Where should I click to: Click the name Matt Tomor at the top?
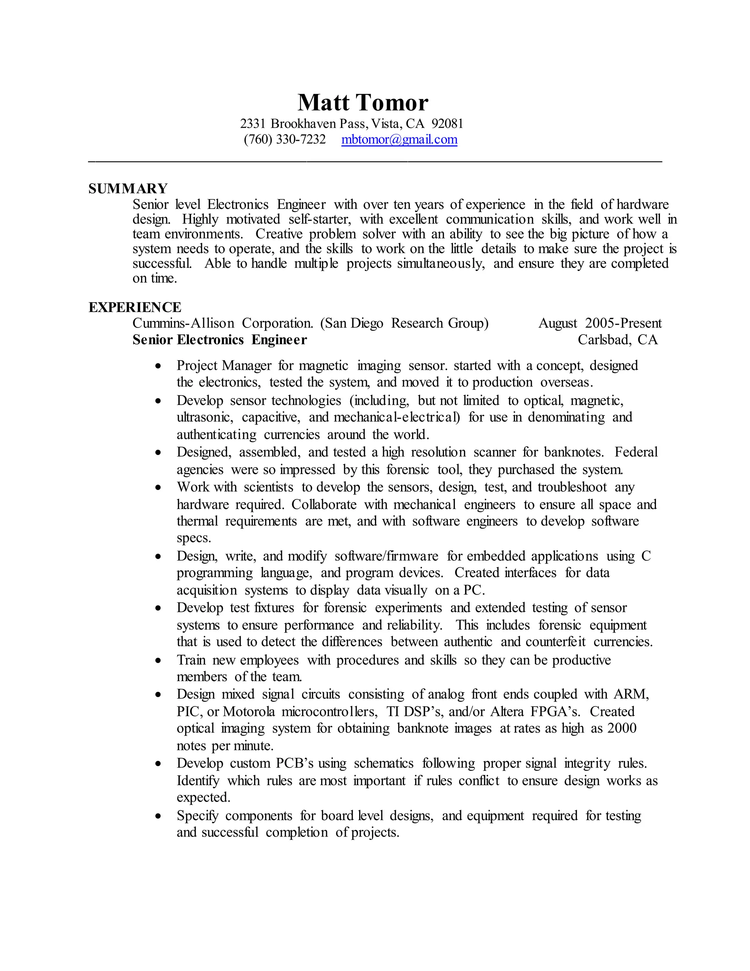363,103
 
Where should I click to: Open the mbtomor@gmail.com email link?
399,140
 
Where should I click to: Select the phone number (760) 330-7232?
284,140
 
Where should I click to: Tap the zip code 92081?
448,123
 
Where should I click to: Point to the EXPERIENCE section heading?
135,307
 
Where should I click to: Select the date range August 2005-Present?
600,323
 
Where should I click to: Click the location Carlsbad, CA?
617,340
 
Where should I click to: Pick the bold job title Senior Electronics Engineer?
219,340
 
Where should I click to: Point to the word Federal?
636,452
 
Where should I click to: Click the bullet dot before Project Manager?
158,366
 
